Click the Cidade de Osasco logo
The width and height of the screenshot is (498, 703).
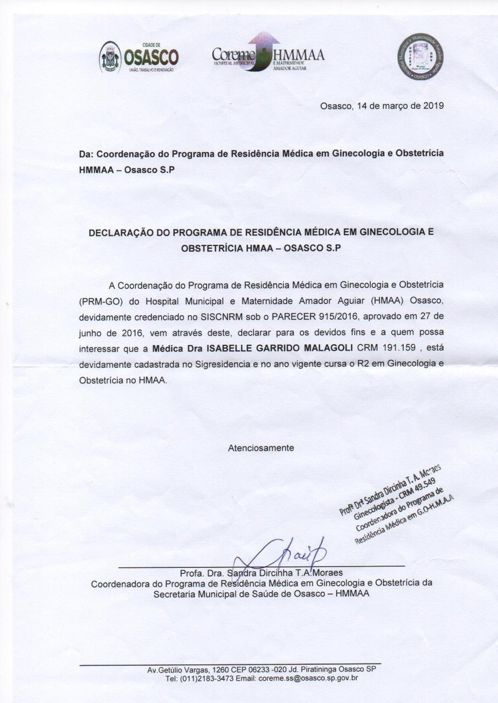(139, 57)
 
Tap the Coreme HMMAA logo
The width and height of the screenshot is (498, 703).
(268, 54)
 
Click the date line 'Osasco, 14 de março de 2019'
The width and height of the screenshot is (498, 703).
(382, 105)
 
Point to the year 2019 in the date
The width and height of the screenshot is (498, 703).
(434, 105)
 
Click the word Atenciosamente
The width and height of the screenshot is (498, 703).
(261, 448)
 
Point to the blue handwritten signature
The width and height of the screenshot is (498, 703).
(286, 552)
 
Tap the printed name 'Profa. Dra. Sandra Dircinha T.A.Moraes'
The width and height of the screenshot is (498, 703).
(261, 573)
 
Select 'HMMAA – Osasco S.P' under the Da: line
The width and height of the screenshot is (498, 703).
(126, 170)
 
